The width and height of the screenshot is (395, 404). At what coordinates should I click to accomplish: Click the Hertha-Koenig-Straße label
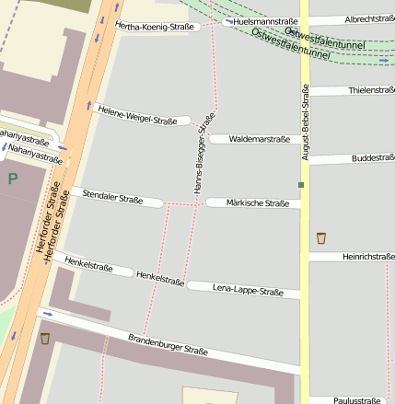point(155,27)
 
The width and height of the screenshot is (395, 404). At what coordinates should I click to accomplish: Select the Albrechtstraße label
point(369,19)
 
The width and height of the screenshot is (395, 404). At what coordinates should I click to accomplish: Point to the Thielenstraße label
point(372,90)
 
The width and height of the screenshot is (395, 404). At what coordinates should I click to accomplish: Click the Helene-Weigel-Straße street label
point(136,113)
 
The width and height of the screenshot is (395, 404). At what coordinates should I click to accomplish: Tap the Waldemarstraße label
point(259,139)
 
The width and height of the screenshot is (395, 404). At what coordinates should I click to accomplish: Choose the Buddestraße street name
point(373,158)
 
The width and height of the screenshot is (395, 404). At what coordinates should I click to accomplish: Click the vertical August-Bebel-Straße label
point(304,120)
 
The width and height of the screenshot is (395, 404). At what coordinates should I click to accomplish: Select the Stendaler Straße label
point(112,196)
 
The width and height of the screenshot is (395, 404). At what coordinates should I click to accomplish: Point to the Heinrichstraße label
point(368,257)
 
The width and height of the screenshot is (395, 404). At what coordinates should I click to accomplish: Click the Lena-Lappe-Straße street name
point(248,291)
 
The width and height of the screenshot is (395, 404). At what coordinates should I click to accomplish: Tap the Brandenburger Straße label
point(168,344)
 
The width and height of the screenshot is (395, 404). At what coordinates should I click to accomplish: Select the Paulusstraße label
point(357,400)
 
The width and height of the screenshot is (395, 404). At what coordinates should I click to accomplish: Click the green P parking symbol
point(12,178)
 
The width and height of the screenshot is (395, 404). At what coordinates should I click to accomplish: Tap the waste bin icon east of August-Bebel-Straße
point(320,237)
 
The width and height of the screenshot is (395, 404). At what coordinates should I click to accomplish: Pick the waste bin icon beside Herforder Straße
point(44,339)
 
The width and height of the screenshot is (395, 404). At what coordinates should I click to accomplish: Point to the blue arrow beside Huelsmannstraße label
point(227,19)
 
